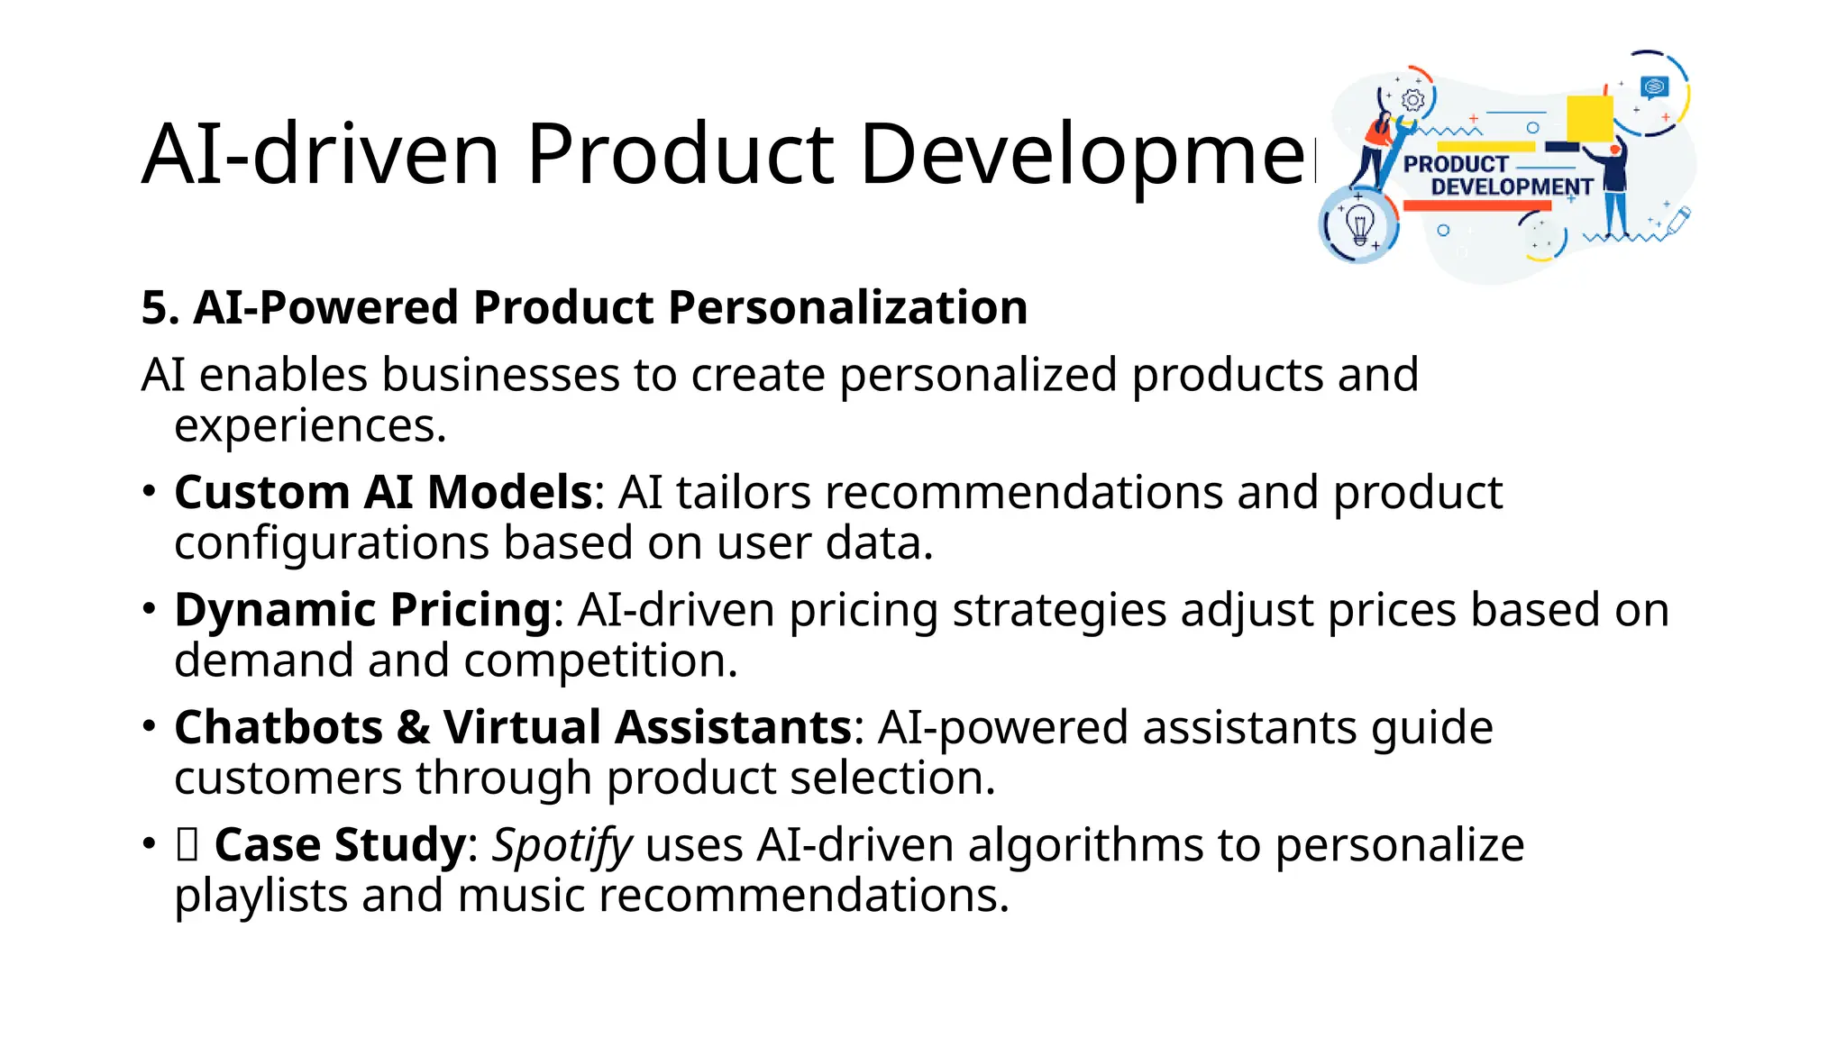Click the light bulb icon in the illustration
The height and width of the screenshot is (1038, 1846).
(1358, 223)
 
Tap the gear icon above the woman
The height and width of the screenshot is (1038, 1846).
(1413, 100)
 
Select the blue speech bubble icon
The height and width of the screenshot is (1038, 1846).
(1654, 87)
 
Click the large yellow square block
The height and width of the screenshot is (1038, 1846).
(1589, 118)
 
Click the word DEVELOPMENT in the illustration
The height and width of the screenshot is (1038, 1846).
(1512, 187)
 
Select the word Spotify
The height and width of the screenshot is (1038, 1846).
(562, 845)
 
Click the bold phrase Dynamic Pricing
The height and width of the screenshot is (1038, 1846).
(362, 610)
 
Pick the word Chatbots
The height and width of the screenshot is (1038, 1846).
(279, 727)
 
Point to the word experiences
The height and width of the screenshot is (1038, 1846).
(309, 426)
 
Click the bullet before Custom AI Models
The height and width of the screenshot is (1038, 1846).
(150, 492)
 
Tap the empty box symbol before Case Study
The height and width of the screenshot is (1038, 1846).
(187, 845)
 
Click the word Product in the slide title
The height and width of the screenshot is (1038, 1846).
(681, 154)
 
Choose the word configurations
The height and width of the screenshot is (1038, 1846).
(331, 543)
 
